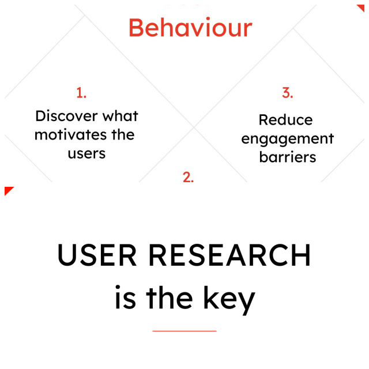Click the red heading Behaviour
point(190,28)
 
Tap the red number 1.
point(81,93)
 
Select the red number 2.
point(189,177)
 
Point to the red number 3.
point(287,93)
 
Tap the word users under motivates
point(86,154)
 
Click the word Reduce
point(286,120)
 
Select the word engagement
point(288,139)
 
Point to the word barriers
point(288,157)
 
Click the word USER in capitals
point(97,255)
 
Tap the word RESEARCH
point(229,255)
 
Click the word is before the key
point(125,297)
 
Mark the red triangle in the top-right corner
point(361,8)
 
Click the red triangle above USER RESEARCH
point(8,190)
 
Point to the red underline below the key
point(184,331)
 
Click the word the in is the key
point(170,297)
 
